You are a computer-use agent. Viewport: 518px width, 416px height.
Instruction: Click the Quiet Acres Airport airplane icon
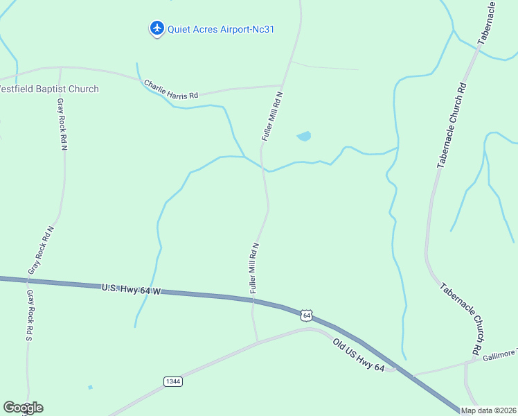(157, 28)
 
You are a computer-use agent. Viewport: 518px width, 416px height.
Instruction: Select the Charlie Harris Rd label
(171, 90)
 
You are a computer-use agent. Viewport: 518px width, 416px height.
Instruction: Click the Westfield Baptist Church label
(48, 89)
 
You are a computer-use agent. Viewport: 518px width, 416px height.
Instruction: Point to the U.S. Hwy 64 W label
(130, 288)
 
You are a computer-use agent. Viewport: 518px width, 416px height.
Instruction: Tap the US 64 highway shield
(307, 315)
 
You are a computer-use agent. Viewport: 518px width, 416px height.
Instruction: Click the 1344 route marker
(173, 381)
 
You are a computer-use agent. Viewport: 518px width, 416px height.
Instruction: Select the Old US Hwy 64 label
(358, 356)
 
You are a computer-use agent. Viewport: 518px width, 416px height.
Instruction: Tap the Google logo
(23, 408)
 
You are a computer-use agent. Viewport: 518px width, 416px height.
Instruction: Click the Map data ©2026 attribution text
(488, 410)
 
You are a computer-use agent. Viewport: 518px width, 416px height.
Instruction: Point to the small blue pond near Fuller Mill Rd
(303, 137)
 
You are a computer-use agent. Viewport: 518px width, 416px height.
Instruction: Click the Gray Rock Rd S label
(29, 315)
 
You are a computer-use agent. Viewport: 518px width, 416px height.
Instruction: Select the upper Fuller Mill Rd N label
(272, 116)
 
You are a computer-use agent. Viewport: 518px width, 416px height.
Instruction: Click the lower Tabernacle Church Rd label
(461, 316)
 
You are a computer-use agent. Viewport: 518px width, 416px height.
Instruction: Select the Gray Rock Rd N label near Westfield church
(62, 124)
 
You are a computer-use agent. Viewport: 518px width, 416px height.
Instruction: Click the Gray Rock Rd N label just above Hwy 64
(40, 249)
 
